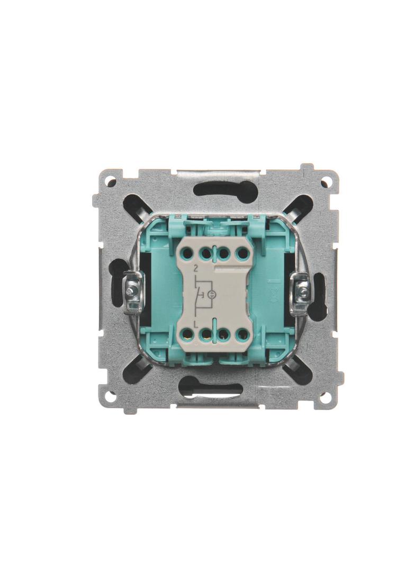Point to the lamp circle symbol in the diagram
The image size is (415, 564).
(212, 295)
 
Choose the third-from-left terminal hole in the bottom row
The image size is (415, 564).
(223, 336)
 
